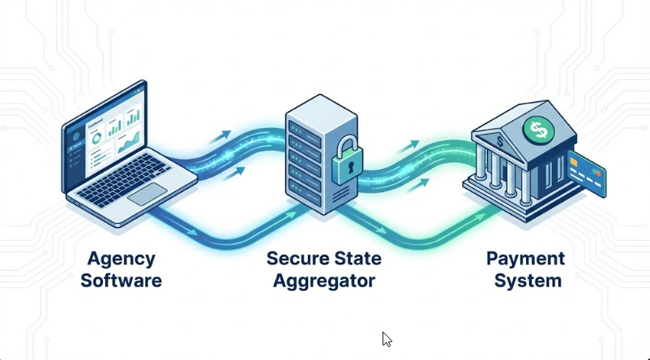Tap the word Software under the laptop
(x=124, y=281)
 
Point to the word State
(x=357, y=260)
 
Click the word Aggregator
(x=325, y=281)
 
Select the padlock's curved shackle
(x=344, y=143)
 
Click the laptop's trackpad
(x=148, y=194)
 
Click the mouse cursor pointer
(x=387, y=339)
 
